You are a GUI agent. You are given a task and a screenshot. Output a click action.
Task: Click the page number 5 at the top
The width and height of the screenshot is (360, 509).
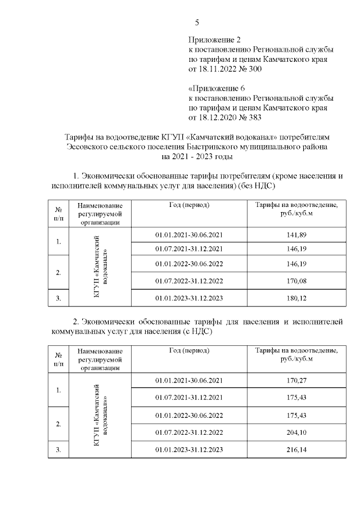point(197,22)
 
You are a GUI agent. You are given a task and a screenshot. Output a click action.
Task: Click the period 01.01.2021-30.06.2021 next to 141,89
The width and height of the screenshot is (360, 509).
point(189,233)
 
